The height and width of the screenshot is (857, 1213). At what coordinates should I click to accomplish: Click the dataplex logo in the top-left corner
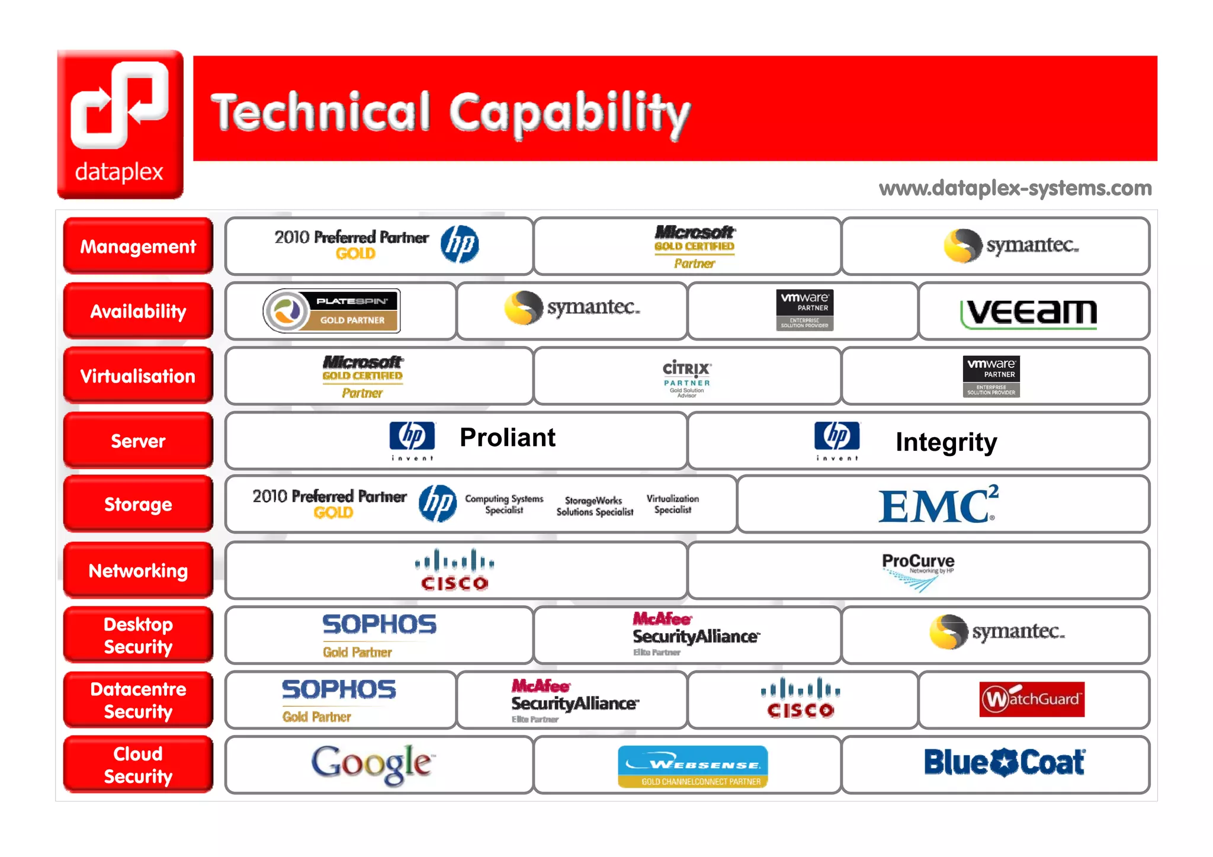120,124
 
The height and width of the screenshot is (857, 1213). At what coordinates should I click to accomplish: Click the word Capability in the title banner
569,113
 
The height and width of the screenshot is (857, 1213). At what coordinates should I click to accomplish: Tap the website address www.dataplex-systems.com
1015,188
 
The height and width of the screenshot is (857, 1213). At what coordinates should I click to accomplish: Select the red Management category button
138,246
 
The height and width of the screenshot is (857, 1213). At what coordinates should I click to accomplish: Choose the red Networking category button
138,570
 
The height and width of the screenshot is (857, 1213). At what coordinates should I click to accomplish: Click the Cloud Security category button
138,765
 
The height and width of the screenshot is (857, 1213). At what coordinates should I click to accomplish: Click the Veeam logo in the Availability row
1029,312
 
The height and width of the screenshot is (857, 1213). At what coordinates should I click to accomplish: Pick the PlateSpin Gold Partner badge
332,311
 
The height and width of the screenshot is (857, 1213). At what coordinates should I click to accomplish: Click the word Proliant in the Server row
507,438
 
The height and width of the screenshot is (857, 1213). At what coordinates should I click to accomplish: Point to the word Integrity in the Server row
946,442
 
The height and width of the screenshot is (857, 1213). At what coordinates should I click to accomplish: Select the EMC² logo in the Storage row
938,505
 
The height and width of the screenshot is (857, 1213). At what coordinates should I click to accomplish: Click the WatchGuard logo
1031,699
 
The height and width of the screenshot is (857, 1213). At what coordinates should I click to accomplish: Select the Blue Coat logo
1004,763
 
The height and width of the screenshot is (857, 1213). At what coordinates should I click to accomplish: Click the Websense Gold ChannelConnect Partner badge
692,766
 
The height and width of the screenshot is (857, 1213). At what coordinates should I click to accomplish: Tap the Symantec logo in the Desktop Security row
997,632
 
